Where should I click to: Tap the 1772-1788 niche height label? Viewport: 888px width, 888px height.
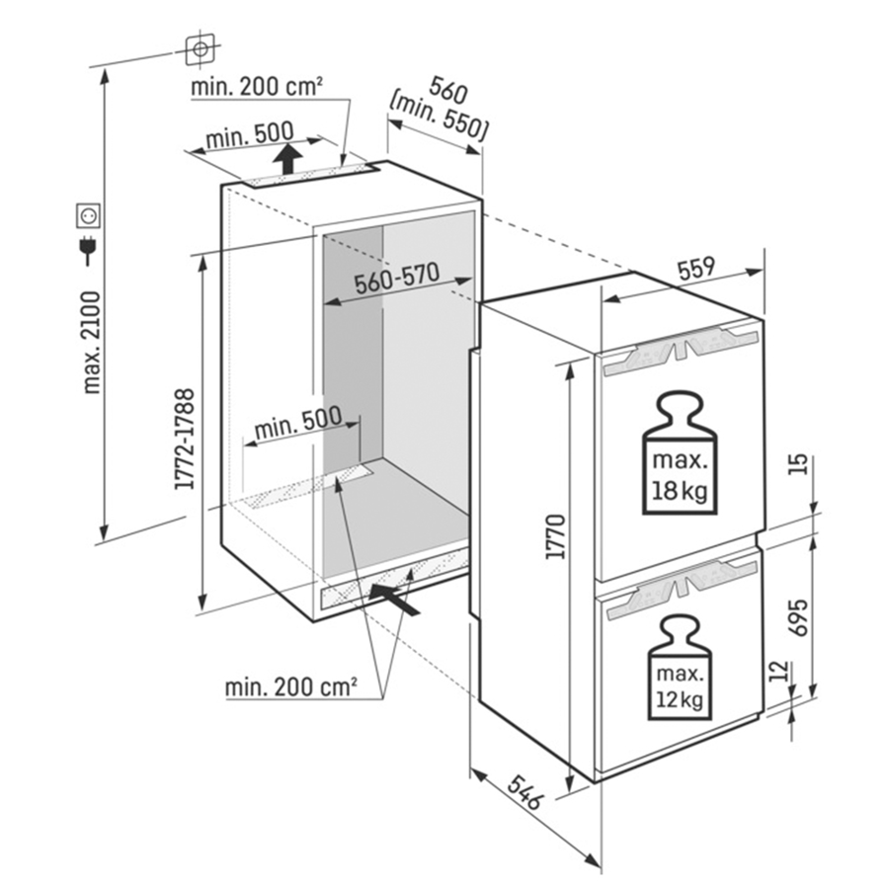pos(184,439)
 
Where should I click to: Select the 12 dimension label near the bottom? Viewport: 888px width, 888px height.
pos(779,671)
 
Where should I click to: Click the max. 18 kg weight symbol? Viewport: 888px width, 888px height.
pos(680,457)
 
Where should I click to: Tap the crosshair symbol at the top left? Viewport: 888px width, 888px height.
pos(201,46)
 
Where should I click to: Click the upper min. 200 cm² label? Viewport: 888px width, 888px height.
pos(258,87)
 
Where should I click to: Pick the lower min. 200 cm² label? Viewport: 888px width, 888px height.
pos(290,685)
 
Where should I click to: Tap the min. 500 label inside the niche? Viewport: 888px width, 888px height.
pos(297,425)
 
